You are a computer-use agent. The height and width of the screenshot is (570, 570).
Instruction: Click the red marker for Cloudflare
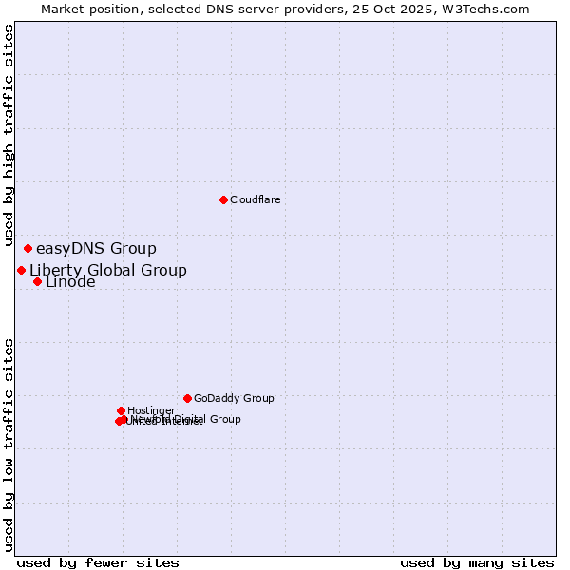[223, 199]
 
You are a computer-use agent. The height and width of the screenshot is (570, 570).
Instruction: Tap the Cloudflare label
[255, 200]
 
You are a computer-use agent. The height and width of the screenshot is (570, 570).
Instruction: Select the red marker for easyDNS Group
[28, 249]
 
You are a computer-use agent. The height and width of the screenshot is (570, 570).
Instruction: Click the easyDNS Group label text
[96, 249]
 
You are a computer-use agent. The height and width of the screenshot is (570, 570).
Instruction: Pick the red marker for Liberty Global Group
[21, 270]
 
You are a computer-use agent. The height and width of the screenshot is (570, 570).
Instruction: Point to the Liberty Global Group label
[108, 270]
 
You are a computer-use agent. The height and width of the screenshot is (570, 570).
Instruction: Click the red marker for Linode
[37, 281]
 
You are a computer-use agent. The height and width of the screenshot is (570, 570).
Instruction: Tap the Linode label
[70, 282]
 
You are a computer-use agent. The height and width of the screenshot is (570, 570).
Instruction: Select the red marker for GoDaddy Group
[187, 398]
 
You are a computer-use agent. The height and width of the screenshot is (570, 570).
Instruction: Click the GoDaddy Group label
[234, 399]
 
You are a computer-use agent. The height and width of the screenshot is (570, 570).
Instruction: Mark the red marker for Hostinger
[121, 410]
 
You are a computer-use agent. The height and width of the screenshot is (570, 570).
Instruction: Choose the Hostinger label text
[151, 411]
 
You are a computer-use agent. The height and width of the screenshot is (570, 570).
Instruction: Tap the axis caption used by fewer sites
[98, 562]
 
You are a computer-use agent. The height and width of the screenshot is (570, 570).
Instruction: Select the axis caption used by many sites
[477, 562]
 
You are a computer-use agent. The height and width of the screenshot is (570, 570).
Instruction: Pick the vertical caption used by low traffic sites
[9, 444]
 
